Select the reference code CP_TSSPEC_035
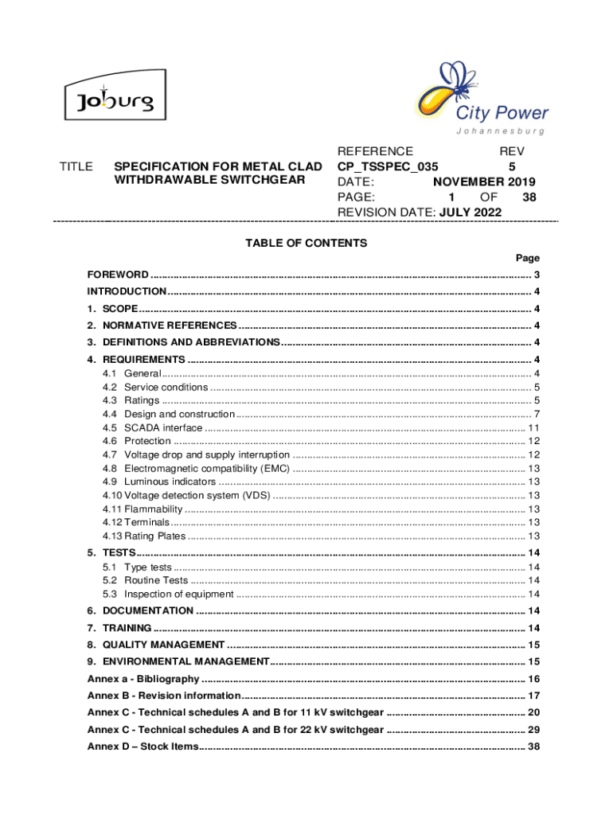click(388, 166)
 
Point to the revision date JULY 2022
click(473, 212)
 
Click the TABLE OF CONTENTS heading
click(306, 243)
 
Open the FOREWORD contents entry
click(118, 275)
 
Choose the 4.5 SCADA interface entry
click(152, 427)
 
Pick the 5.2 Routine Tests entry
click(145, 580)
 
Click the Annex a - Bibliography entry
click(143, 679)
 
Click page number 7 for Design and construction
click(537, 414)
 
